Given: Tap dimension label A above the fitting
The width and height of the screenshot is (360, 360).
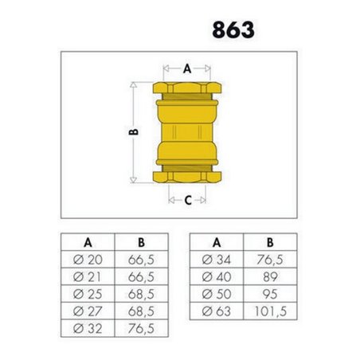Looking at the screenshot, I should point(187,68).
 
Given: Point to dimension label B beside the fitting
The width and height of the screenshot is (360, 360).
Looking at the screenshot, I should point(135,131).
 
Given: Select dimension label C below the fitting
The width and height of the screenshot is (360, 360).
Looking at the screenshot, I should point(188,201).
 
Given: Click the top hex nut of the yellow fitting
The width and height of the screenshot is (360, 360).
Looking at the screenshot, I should point(187,88).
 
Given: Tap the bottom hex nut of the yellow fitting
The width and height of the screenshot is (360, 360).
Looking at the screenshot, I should point(187,176).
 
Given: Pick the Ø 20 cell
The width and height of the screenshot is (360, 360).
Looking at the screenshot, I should point(88,260).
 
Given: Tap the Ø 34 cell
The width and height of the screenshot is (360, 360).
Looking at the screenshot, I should point(216,260).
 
